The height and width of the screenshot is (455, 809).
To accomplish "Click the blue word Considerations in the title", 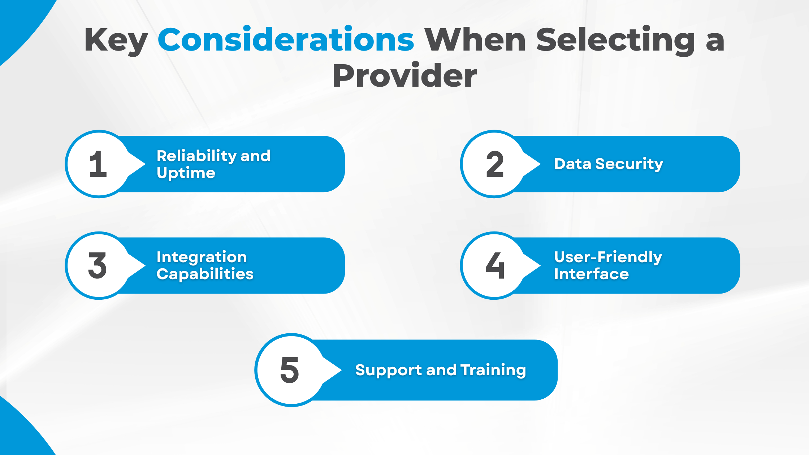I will click(x=286, y=40).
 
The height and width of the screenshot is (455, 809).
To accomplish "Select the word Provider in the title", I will click(x=404, y=76).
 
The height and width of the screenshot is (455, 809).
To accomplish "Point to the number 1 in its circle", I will click(x=98, y=164).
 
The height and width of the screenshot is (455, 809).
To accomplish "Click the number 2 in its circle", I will click(x=495, y=164).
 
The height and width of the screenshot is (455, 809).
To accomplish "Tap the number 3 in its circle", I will click(x=98, y=266).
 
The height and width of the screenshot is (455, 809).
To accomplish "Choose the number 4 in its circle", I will click(x=495, y=266).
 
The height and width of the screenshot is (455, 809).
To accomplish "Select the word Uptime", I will click(x=186, y=173).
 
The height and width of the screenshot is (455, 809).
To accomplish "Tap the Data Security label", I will click(x=609, y=164).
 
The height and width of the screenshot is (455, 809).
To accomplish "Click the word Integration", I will click(x=202, y=257).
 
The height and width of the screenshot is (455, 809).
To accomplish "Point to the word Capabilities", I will click(x=205, y=274).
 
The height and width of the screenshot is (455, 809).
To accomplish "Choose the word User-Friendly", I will click(x=608, y=257).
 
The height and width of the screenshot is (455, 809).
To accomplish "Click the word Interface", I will click(x=591, y=274).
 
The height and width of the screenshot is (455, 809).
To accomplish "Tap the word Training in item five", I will click(x=493, y=370).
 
